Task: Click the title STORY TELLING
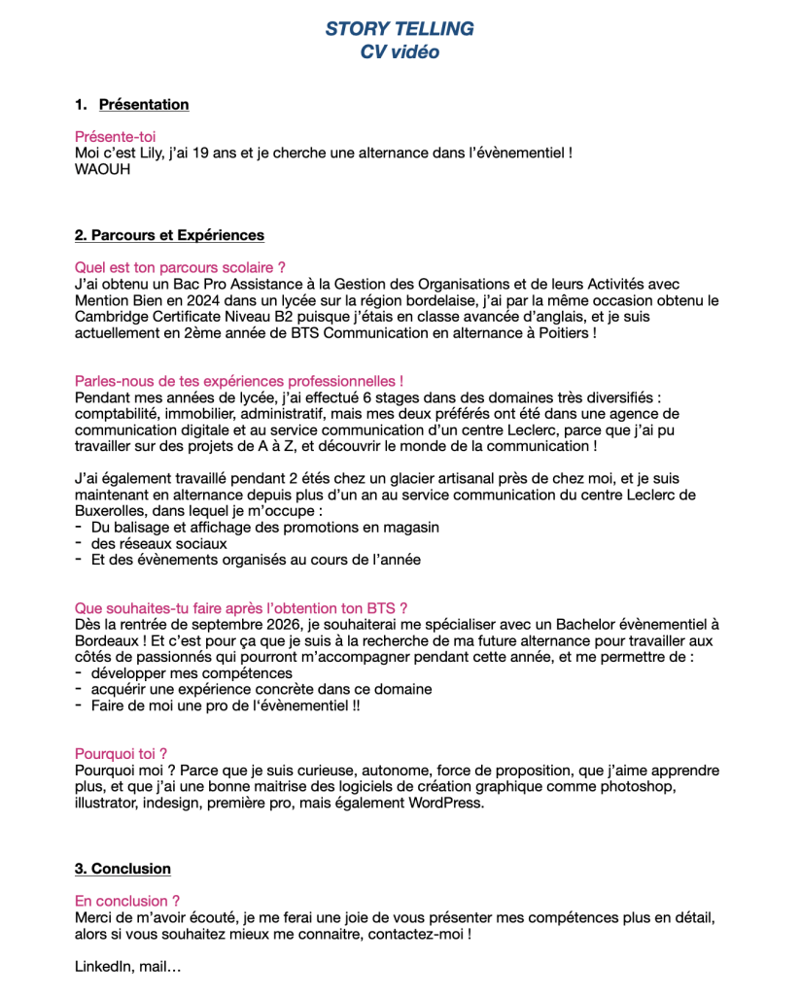click(400, 29)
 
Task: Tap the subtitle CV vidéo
click(400, 52)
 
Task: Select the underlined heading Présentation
click(144, 105)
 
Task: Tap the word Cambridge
click(110, 317)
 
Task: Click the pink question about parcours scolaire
click(180, 267)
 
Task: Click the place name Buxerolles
click(113, 511)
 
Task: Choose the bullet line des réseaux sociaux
click(158, 543)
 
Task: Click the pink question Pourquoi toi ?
click(121, 753)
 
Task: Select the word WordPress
click(445, 803)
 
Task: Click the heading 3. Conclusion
click(122, 869)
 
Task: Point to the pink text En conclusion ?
click(127, 901)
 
